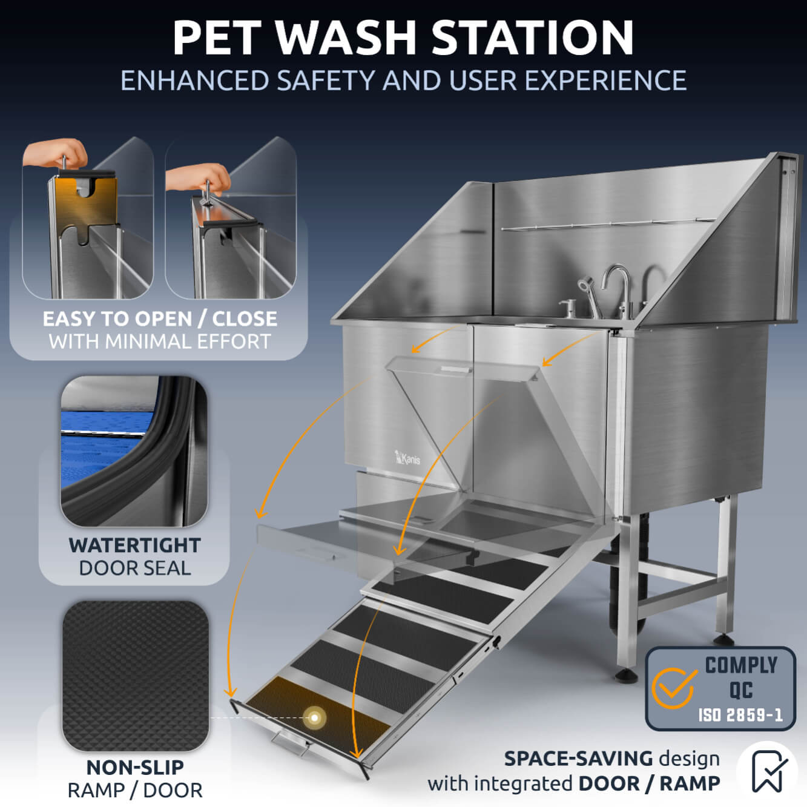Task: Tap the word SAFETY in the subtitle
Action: [325, 81]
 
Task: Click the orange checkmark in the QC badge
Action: [673, 688]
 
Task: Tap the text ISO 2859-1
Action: [740, 715]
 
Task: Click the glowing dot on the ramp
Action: [315, 717]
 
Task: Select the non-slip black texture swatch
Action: [135, 676]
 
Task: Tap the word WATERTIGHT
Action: [134, 545]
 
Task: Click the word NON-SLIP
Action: [134, 767]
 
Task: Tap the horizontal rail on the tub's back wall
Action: [605, 224]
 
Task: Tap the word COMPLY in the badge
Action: [741, 665]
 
